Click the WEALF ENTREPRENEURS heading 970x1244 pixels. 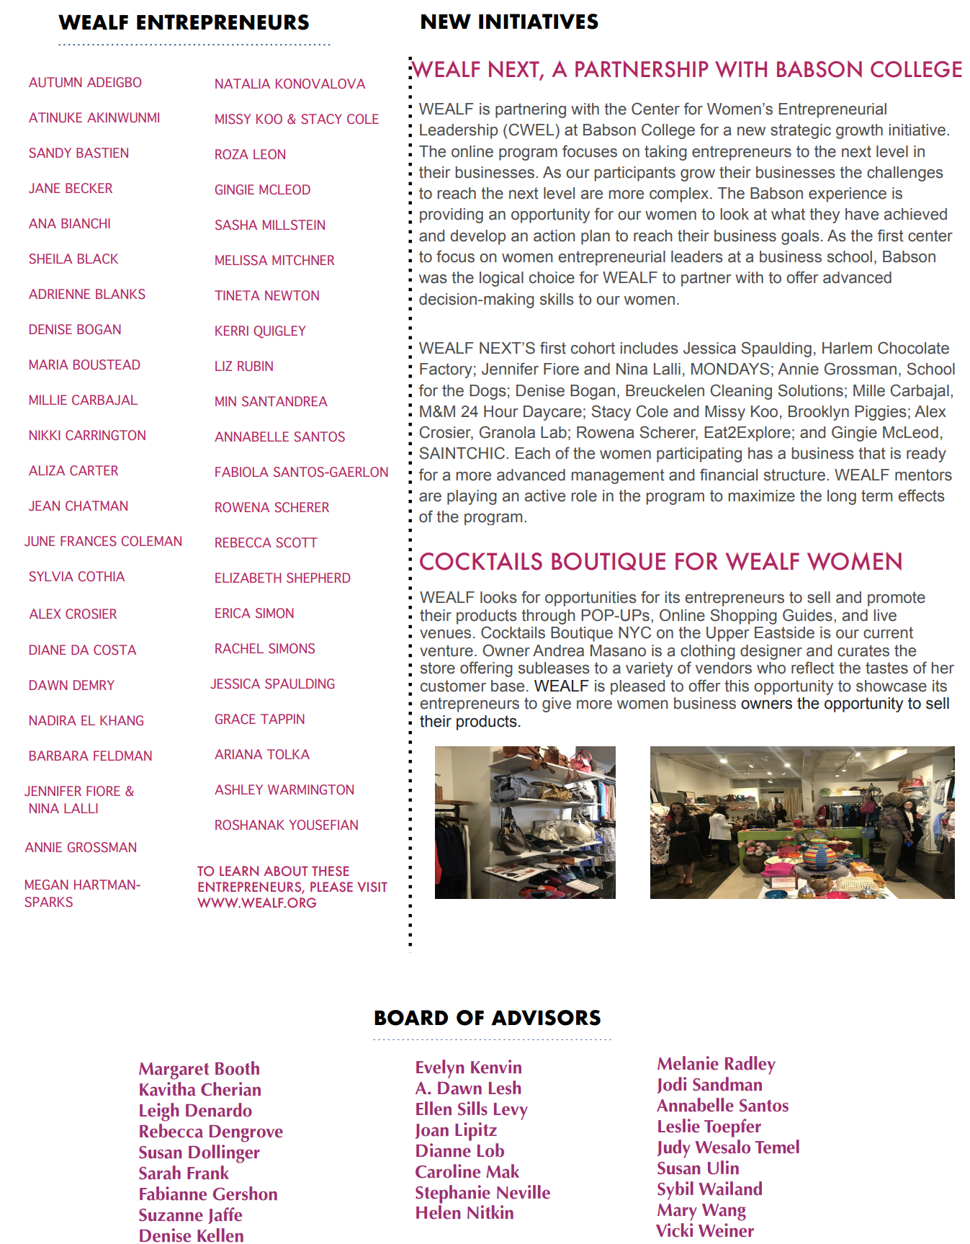click(184, 23)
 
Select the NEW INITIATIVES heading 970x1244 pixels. click(509, 22)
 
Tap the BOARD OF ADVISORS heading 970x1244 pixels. click(488, 1018)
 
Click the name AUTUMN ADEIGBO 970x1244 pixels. click(85, 83)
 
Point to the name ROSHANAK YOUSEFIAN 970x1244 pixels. click(286, 825)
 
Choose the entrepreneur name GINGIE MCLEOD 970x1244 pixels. click(262, 190)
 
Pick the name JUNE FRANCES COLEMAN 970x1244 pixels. click(103, 542)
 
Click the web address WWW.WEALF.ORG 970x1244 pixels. click(257, 903)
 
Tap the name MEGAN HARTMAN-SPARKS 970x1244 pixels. click(81, 893)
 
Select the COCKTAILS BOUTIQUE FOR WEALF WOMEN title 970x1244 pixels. click(660, 562)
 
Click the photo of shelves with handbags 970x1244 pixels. click(525, 823)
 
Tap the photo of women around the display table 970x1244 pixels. click(801, 823)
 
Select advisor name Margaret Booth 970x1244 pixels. click(199, 1069)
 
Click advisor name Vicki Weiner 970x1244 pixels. click(705, 1231)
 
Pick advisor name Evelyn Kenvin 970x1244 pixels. click(468, 1068)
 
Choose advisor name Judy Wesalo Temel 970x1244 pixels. click(728, 1147)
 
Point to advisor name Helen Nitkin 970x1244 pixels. click(464, 1213)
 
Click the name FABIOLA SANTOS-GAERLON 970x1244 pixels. click(301, 473)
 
